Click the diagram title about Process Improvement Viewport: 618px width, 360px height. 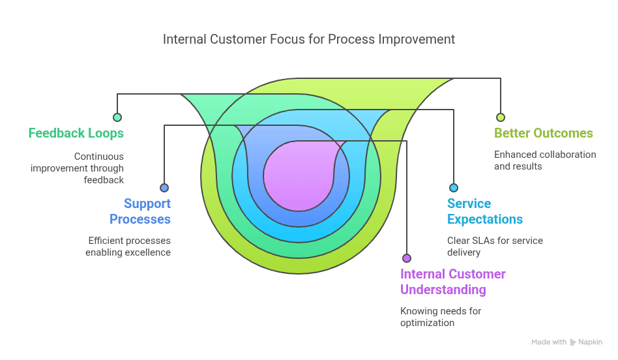[x=309, y=39]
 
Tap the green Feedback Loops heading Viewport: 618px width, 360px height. [x=76, y=133]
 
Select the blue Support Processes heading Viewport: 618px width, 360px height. [x=140, y=211]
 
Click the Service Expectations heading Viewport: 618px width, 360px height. [x=484, y=211]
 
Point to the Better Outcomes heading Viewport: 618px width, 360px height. [x=543, y=133]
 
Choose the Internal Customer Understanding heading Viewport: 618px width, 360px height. [x=452, y=282]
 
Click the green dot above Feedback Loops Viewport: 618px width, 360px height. [x=117, y=117]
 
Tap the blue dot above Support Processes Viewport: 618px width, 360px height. [x=164, y=188]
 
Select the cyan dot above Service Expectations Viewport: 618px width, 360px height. [x=454, y=188]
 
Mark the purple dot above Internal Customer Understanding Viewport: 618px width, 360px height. [x=407, y=258]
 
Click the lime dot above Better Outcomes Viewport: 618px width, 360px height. [x=501, y=117]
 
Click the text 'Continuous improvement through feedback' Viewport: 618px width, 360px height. [x=77, y=168]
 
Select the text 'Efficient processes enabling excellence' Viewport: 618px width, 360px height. [x=128, y=247]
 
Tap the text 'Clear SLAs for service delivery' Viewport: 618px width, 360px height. [x=494, y=247]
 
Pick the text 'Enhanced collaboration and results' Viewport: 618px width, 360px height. [x=544, y=160]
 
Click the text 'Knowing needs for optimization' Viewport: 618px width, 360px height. [x=440, y=317]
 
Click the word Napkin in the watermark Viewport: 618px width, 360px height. [x=591, y=342]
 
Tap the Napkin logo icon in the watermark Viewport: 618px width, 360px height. [x=573, y=342]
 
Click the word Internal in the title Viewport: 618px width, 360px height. [x=184, y=39]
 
